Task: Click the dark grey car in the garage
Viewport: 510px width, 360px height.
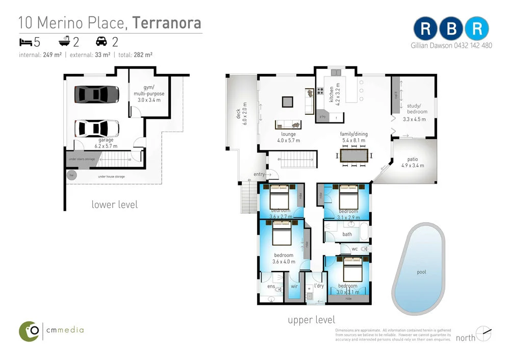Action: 97,94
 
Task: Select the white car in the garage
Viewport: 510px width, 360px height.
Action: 97,128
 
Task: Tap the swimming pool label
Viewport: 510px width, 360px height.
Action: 421,272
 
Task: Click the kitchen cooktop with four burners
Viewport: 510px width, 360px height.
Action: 321,92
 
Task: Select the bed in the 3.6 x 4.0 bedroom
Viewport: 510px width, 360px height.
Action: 281,236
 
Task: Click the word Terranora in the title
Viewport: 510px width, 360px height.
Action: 167,23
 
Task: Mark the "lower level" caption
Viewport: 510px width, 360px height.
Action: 114,204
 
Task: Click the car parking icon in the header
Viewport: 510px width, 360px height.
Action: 101,41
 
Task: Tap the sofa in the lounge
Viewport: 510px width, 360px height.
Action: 288,124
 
